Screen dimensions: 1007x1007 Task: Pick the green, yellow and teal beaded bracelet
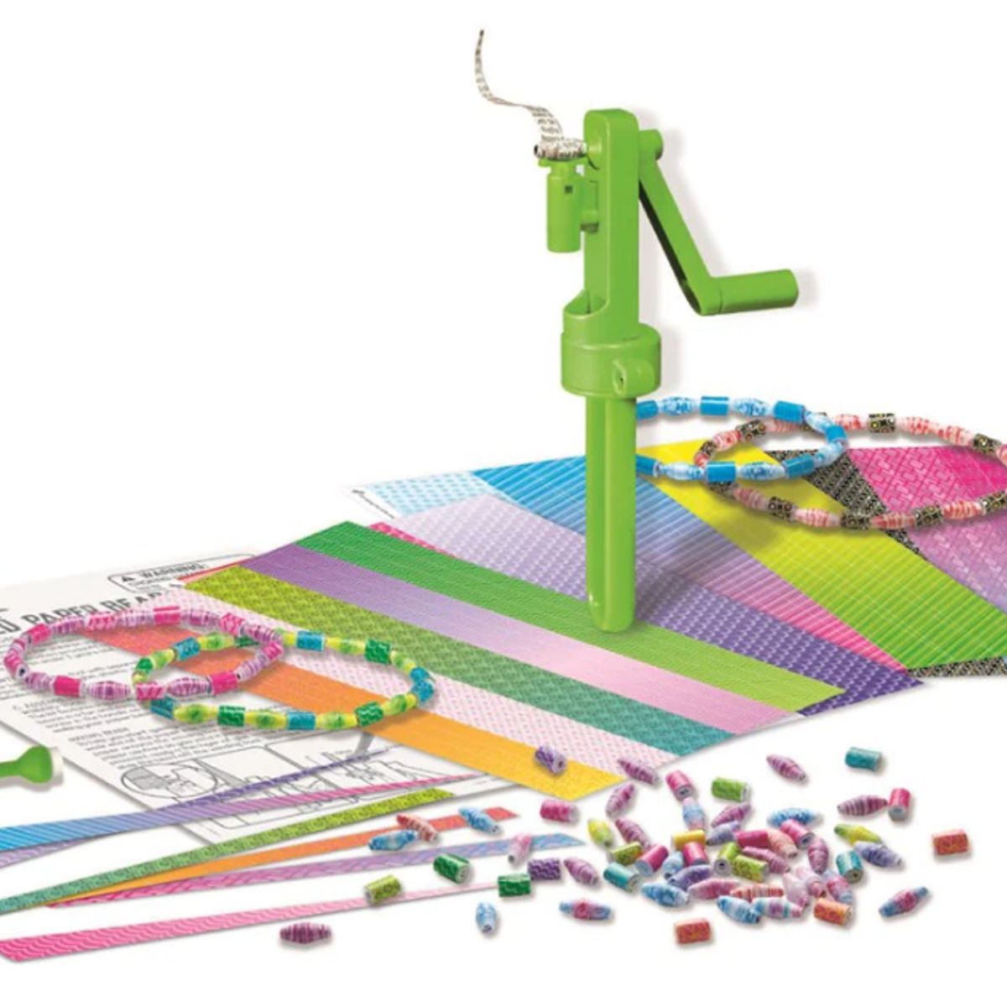[x=277, y=671]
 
